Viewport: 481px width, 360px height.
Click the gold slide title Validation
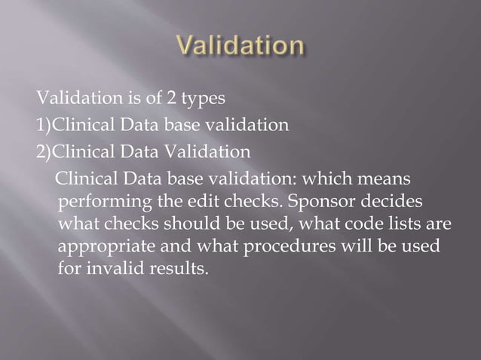tap(240, 47)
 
